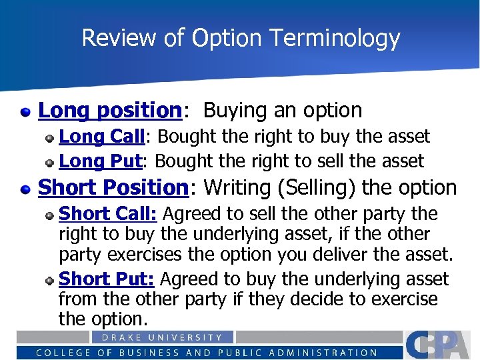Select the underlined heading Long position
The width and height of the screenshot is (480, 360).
(x=110, y=110)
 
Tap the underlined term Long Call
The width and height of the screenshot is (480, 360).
(x=102, y=137)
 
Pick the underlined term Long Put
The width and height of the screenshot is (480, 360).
(x=101, y=161)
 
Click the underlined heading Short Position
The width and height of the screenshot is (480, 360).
(x=114, y=187)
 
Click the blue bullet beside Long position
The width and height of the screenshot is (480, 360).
(x=25, y=111)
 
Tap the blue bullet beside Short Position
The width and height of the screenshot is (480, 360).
(x=25, y=189)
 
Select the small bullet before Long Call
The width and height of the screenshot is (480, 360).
(x=50, y=138)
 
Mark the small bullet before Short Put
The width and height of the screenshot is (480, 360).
(x=50, y=280)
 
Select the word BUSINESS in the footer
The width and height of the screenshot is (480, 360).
(x=144, y=353)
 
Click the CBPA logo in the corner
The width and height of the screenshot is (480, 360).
(x=440, y=345)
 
